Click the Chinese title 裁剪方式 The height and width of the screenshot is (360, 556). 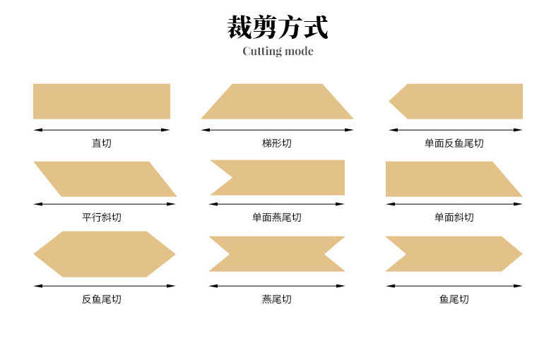[x=278, y=27]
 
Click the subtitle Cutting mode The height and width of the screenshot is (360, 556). [x=278, y=52]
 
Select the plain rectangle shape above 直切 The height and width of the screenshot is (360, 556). [x=102, y=102]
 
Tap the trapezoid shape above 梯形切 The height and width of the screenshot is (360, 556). [x=277, y=102]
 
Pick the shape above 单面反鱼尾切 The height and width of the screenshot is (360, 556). [x=456, y=102]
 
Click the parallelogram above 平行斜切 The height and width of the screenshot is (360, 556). [x=105, y=179]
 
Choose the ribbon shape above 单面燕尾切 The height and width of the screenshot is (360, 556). [x=280, y=177]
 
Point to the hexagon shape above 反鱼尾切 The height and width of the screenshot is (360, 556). [x=105, y=254]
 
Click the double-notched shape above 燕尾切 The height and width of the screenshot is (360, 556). [x=277, y=253]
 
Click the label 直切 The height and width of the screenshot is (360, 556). [x=102, y=143]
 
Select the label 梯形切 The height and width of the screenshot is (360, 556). [x=277, y=143]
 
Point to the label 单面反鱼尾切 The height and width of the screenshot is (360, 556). [x=454, y=143]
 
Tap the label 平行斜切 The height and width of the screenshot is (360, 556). [x=102, y=217]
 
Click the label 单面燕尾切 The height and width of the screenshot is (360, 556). [x=277, y=217]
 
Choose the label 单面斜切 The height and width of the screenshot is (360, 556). [x=454, y=217]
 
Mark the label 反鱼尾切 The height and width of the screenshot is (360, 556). [x=102, y=299]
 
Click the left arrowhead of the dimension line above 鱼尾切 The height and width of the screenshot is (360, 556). [x=390, y=286]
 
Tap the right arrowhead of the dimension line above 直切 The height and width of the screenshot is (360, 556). [x=166, y=130]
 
